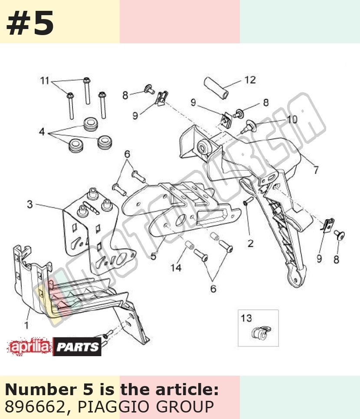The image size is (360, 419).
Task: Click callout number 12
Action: pos(250,80)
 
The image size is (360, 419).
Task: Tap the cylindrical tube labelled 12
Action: pos(216,88)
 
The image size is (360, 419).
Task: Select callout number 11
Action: pos(45,81)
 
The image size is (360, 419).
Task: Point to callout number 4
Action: pos(42,131)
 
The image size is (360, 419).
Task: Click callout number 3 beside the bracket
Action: pos(29,204)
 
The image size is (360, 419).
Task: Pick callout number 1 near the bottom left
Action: pos(26,325)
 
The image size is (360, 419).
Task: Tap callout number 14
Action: pos(176,267)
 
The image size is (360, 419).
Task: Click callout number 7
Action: pos(316,169)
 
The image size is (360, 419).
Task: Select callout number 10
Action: pos(292,119)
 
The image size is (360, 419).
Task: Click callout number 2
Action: pos(250,243)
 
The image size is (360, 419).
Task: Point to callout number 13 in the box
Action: pos(246,318)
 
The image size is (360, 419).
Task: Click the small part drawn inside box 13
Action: pos(261,333)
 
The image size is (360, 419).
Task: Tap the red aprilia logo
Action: pos(29,347)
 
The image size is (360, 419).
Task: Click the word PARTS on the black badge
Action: pos(77,347)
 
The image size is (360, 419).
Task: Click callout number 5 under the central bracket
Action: pos(153,256)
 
